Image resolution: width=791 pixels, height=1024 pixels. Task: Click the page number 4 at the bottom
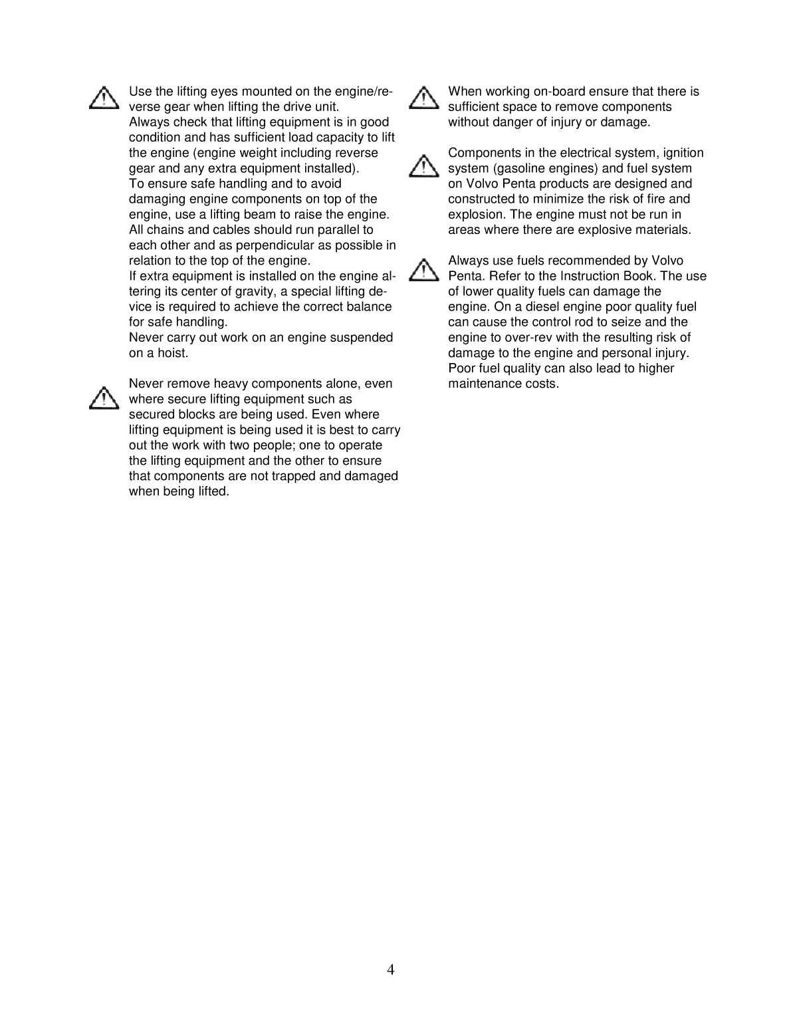click(x=391, y=969)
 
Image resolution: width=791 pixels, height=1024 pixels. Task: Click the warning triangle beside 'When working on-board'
click(x=423, y=98)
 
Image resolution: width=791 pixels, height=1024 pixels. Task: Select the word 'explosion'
click(x=476, y=215)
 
